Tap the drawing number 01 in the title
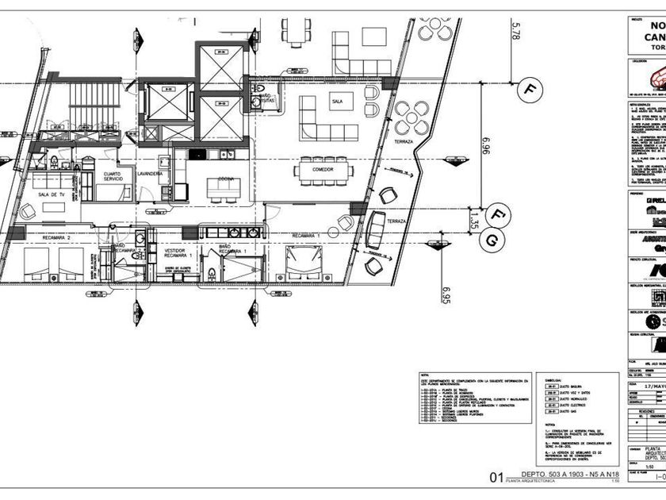point(496,477)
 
